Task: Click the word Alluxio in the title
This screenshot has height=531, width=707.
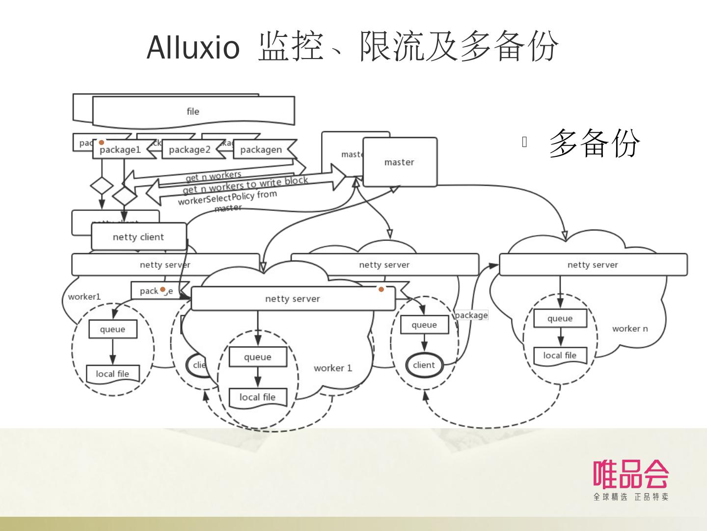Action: pyautogui.click(x=193, y=48)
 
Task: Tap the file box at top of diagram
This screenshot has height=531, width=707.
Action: pyautogui.click(x=193, y=112)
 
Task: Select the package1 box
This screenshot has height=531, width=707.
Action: pyautogui.click(x=120, y=149)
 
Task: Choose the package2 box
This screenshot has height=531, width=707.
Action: pyautogui.click(x=190, y=149)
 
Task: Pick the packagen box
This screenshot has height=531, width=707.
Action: pyautogui.click(x=261, y=149)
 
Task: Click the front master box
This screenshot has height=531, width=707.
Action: pyautogui.click(x=399, y=162)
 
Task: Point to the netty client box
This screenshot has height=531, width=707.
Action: pyautogui.click(x=138, y=237)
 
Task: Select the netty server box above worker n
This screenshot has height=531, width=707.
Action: pyautogui.click(x=593, y=265)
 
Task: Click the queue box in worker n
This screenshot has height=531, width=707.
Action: pyautogui.click(x=560, y=319)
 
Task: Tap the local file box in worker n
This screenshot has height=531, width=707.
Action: pyautogui.click(x=560, y=355)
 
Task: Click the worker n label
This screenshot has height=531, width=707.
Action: pyautogui.click(x=630, y=328)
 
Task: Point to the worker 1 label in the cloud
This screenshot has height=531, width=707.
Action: pyautogui.click(x=333, y=368)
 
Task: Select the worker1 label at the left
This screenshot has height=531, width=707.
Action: pyautogui.click(x=84, y=296)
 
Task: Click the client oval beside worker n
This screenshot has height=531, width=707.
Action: pyautogui.click(x=424, y=365)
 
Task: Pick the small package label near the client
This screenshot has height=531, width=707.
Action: pyautogui.click(x=471, y=315)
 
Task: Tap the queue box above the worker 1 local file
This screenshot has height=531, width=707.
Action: pyautogui.click(x=258, y=357)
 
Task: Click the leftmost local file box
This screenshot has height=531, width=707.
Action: pyautogui.click(x=112, y=374)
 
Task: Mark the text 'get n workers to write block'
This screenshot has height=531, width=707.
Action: pyautogui.click(x=245, y=185)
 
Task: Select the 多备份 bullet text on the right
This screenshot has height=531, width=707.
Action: pyautogui.click(x=594, y=143)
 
